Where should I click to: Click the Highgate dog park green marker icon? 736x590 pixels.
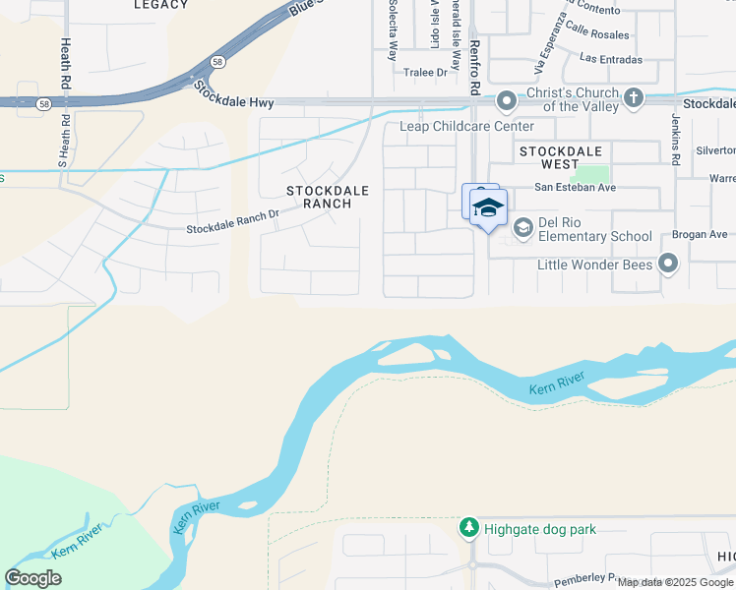pos(469,529)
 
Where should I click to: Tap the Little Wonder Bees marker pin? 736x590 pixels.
pos(668,264)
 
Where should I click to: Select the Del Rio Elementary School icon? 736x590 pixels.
pos(523,227)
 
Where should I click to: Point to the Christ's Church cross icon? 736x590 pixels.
pos(634,97)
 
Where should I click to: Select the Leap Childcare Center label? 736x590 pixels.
pos(466,127)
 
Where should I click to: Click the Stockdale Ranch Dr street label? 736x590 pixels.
pos(233,229)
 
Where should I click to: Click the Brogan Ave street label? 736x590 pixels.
pos(700,235)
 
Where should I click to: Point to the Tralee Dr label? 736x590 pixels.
pos(426,72)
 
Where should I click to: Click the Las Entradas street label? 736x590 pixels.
pos(610,60)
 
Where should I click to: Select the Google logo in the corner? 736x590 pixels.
pos(33,578)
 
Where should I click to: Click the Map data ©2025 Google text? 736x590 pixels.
pos(676,582)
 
